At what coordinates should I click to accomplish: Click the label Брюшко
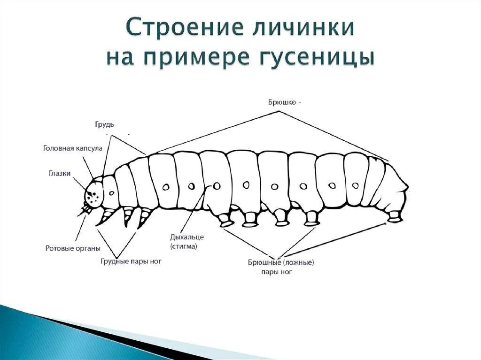click(282, 102)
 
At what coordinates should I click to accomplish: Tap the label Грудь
click(104, 124)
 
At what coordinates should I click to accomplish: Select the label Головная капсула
click(72, 148)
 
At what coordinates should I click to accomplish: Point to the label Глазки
click(60, 173)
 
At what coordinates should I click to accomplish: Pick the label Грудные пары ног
click(131, 261)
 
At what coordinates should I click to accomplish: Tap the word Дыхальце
click(187, 237)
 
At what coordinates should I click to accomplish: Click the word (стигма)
click(184, 246)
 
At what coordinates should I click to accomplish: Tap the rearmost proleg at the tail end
click(395, 217)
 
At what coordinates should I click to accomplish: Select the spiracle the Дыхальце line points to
click(217, 186)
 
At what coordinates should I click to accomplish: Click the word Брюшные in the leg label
click(264, 262)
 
